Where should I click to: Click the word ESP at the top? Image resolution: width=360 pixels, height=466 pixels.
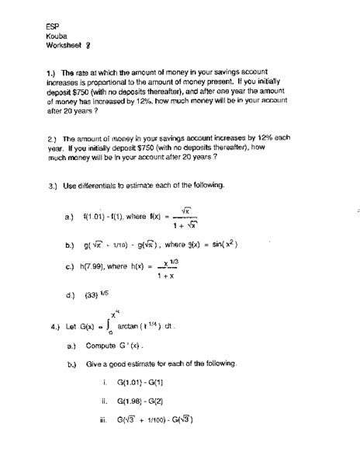[x=51, y=24]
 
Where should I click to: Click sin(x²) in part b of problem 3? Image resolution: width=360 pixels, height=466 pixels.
[x=220, y=244]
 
